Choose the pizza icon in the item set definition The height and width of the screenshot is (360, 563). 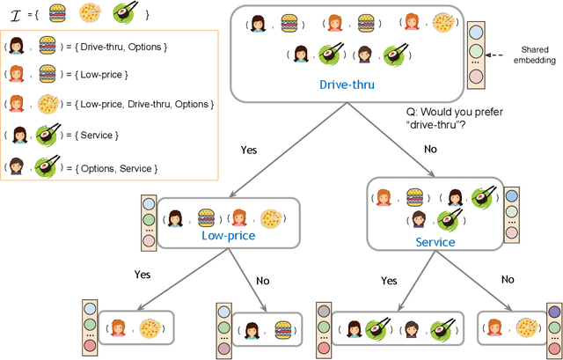click(x=90, y=13)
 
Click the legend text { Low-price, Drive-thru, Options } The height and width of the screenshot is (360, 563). click(x=146, y=105)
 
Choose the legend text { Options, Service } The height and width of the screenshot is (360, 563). click(x=117, y=166)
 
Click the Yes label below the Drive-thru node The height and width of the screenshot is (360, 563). click(x=249, y=150)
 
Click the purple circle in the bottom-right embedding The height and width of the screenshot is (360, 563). click(x=553, y=311)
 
